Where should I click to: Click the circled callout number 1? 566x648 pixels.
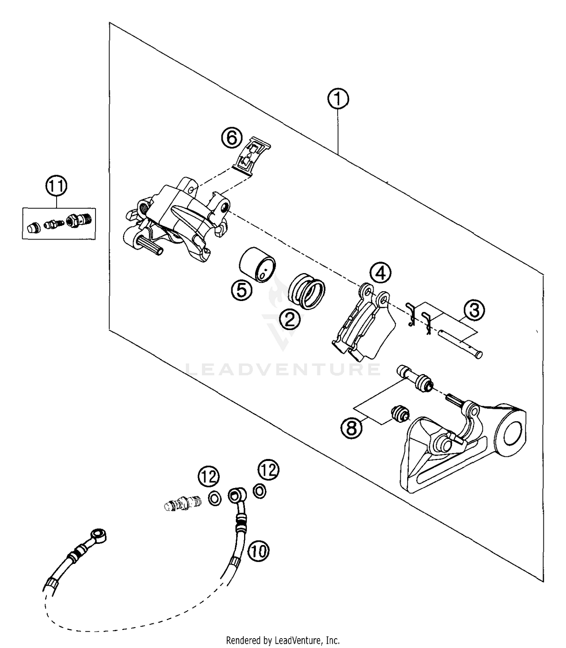[x=338, y=99]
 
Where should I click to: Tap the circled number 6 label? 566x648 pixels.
[x=231, y=138]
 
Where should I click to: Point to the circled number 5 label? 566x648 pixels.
[x=241, y=290]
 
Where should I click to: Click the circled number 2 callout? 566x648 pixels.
[x=289, y=320]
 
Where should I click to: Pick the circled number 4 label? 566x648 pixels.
[x=380, y=273]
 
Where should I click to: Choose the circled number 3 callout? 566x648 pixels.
[x=474, y=310]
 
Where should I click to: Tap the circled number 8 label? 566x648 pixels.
[x=351, y=428]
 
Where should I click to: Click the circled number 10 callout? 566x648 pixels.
[x=258, y=551]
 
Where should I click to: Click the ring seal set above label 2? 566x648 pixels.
[x=307, y=294]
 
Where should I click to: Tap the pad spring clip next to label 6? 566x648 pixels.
[x=252, y=157]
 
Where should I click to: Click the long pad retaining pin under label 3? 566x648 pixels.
[x=460, y=343]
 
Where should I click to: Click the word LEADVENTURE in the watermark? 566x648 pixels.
[x=283, y=369]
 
